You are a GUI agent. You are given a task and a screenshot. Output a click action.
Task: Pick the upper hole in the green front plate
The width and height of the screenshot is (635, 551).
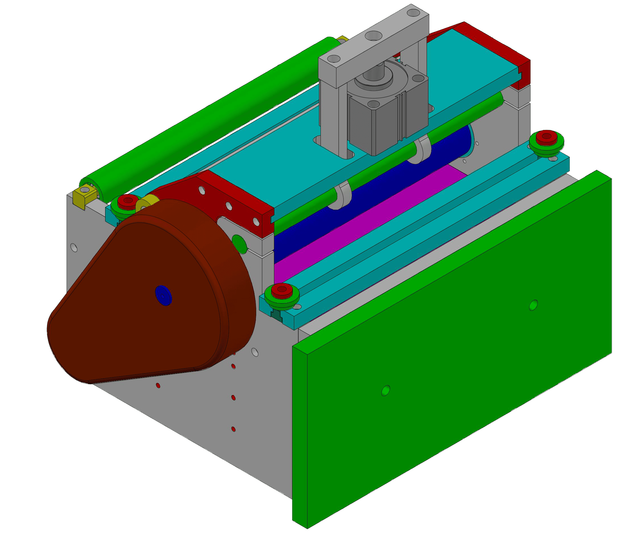pyautogui.click(x=534, y=305)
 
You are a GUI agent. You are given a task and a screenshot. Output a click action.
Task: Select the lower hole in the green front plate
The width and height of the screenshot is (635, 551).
pyautogui.click(x=385, y=390)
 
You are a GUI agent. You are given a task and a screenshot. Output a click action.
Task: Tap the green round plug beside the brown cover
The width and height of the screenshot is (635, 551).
pyautogui.click(x=239, y=244)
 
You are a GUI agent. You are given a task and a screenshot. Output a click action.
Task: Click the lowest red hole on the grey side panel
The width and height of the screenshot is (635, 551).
pyautogui.click(x=233, y=429)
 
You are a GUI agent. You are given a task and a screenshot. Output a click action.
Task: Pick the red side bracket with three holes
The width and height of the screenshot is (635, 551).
pyautogui.click(x=227, y=200)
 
